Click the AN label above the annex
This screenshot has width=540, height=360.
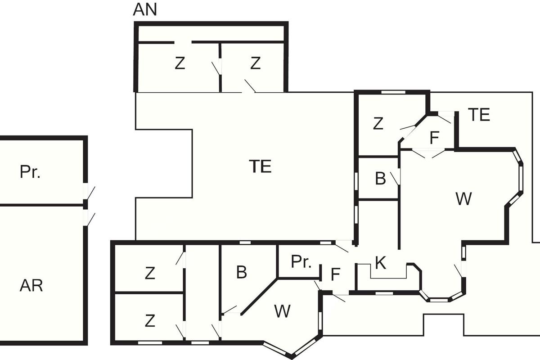point(145,9)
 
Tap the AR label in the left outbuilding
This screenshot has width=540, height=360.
point(31,286)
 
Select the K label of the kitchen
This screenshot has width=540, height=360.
point(381,263)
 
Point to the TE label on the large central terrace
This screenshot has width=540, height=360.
point(261,166)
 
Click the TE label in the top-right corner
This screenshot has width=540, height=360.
point(479,115)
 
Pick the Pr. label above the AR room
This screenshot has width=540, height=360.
point(30,172)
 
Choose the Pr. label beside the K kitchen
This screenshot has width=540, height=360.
point(301,261)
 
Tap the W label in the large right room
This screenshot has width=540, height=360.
point(464,199)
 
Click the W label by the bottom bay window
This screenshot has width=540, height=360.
point(282,311)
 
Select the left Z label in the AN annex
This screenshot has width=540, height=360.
point(180,63)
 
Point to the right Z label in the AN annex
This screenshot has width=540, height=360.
point(255,63)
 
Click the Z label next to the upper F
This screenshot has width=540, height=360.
point(378,123)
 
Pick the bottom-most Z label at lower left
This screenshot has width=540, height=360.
point(150,321)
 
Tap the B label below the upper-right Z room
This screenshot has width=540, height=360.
point(380,179)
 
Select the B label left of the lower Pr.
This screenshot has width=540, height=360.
point(242,272)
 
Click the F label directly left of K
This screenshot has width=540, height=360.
point(336,274)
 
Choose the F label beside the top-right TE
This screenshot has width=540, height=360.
point(434,138)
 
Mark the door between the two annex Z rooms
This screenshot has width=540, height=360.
point(216,68)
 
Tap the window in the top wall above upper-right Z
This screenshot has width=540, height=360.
point(393,92)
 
